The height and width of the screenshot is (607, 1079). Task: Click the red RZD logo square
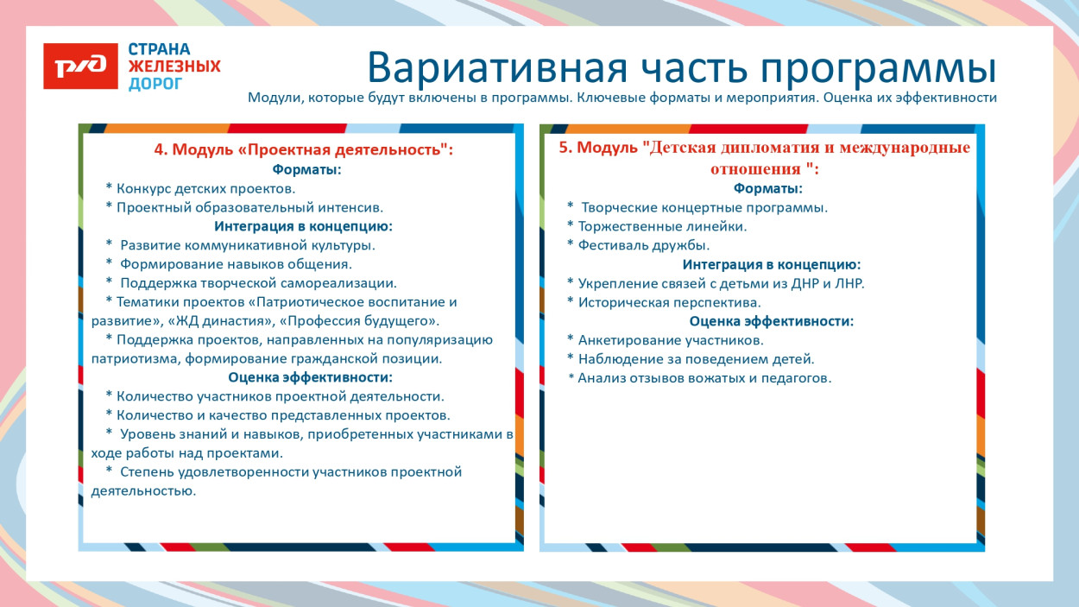coord(80,66)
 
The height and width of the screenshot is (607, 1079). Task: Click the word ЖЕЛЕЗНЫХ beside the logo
coord(174,66)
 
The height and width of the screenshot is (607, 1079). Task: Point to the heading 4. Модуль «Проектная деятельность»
coord(303,149)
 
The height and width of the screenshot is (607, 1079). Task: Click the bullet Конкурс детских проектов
coord(205,188)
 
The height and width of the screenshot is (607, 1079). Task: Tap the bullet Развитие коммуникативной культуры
coord(247,245)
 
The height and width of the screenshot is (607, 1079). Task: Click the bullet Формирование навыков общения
coord(236,264)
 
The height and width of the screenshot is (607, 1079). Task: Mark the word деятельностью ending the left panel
coord(143,490)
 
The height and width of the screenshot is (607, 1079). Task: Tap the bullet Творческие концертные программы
coord(704,207)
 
